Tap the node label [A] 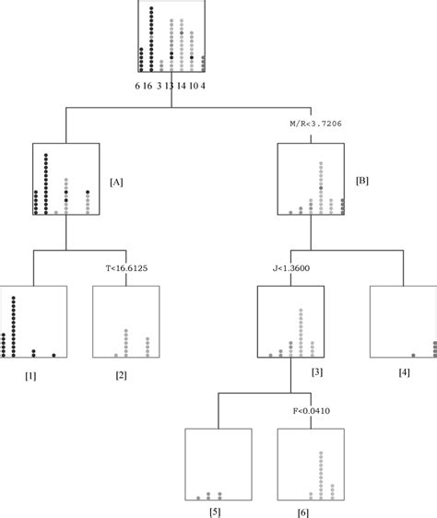click(x=117, y=182)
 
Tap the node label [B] click(x=362, y=182)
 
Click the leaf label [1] click(x=32, y=376)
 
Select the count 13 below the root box click(x=171, y=85)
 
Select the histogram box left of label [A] click(x=65, y=179)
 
